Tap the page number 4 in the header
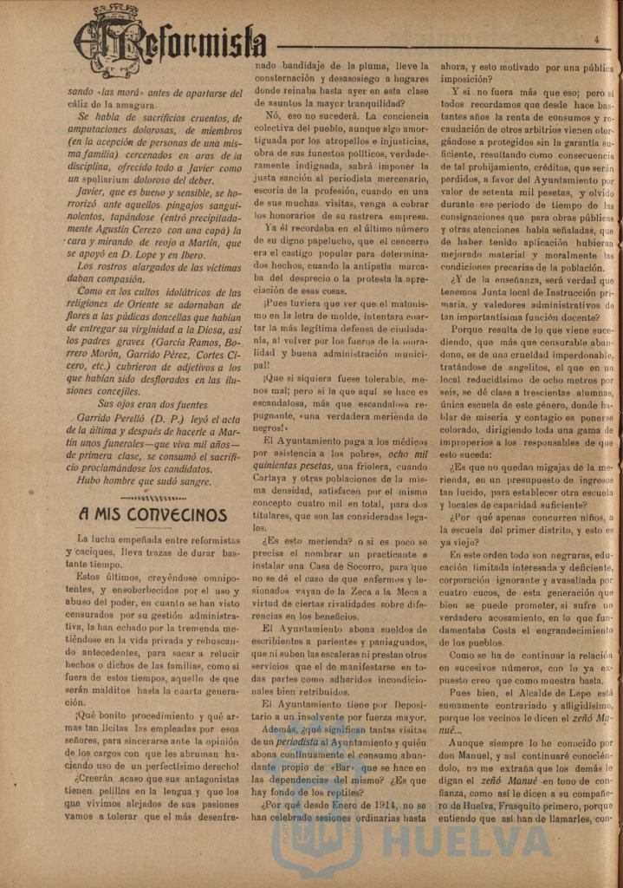(x=597, y=39)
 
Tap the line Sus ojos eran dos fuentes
(x=152, y=404)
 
